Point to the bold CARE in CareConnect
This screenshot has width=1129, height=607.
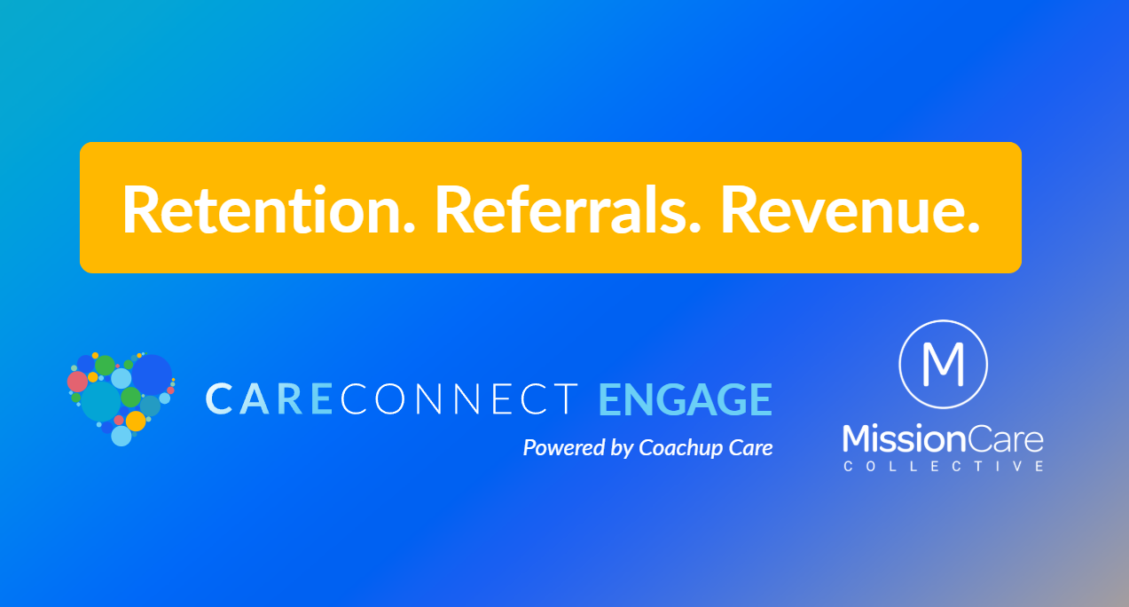[x=270, y=399]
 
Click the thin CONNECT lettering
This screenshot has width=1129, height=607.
[x=459, y=399]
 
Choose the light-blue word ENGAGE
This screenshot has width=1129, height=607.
[x=685, y=399]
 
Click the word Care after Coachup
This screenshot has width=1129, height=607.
[x=751, y=448]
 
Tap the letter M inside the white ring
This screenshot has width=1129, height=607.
[x=943, y=364]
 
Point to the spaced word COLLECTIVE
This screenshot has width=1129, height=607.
[x=943, y=466]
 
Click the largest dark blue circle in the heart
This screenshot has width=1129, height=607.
[x=152, y=374]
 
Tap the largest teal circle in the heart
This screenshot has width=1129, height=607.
[x=100, y=401]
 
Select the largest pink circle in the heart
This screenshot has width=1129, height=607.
[x=78, y=382]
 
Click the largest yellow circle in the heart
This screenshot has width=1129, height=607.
[x=136, y=421]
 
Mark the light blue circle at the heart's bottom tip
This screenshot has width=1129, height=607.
[x=122, y=436]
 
